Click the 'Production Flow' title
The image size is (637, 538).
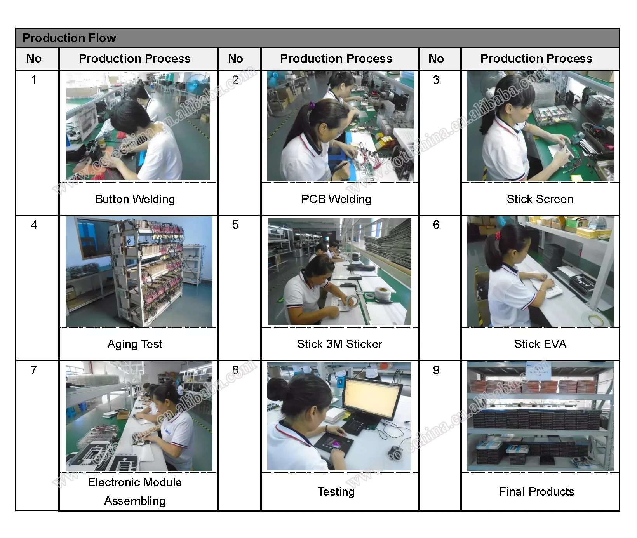point(69,38)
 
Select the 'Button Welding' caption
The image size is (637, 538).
point(135,199)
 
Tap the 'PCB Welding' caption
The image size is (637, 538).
point(336,199)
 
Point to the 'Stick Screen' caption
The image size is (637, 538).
point(540,199)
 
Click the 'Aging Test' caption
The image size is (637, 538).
point(135,344)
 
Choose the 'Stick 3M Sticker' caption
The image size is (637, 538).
point(339,344)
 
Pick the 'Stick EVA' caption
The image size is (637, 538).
point(540,344)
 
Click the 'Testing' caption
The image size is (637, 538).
point(336,492)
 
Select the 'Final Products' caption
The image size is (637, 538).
point(536,492)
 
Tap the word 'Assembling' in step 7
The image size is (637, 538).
point(135,501)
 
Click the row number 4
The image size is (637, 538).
point(34,225)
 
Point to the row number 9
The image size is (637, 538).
point(436,370)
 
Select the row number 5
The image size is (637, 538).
point(235,225)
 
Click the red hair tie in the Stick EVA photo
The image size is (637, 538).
point(498,235)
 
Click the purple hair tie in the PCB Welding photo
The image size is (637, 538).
point(312,105)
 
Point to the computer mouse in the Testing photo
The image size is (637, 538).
point(393,453)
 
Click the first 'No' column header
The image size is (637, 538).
point(34,59)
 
